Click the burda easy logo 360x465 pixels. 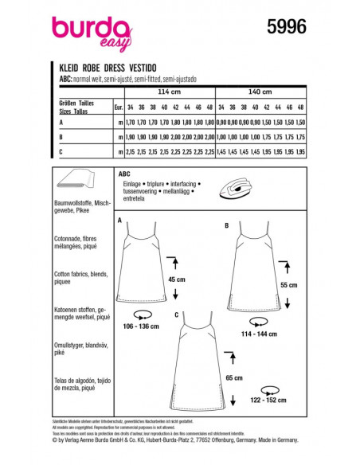[91, 30]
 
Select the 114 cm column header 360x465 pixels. [164, 92]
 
